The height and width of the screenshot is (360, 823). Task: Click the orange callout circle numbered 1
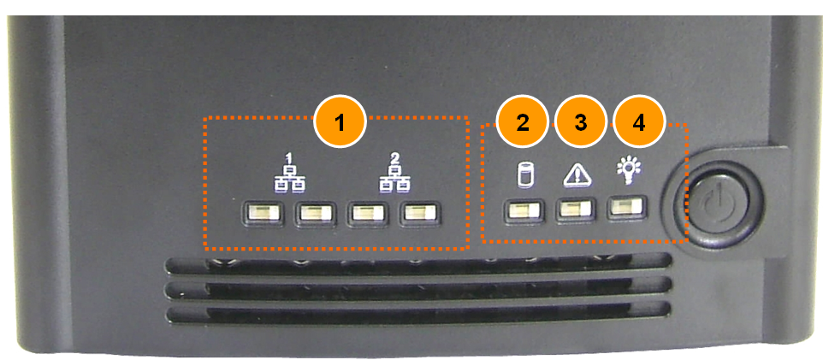(x=340, y=122)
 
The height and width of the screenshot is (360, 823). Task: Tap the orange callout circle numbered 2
(x=523, y=122)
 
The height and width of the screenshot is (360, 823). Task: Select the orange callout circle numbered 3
(x=581, y=122)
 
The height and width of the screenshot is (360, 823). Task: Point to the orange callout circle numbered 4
(x=639, y=122)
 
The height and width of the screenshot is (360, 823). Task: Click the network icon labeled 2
(x=395, y=174)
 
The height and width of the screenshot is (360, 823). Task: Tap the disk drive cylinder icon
(x=524, y=175)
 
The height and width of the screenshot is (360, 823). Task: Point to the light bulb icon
(x=628, y=172)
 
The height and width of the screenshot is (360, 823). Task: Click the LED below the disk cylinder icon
(x=524, y=211)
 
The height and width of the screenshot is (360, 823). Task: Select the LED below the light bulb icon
(x=627, y=207)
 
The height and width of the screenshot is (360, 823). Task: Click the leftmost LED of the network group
(x=263, y=213)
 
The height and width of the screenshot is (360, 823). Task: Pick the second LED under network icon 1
(x=315, y=213)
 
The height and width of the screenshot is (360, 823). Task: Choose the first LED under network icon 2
(x=366, y=213)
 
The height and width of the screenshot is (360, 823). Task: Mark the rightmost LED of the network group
(x=419, y=213)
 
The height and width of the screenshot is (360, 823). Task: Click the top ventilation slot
(x=417, y=264)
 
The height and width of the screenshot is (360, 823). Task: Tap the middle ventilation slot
(x=417, y=289)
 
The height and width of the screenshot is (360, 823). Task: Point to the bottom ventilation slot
(x=417, y=313)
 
